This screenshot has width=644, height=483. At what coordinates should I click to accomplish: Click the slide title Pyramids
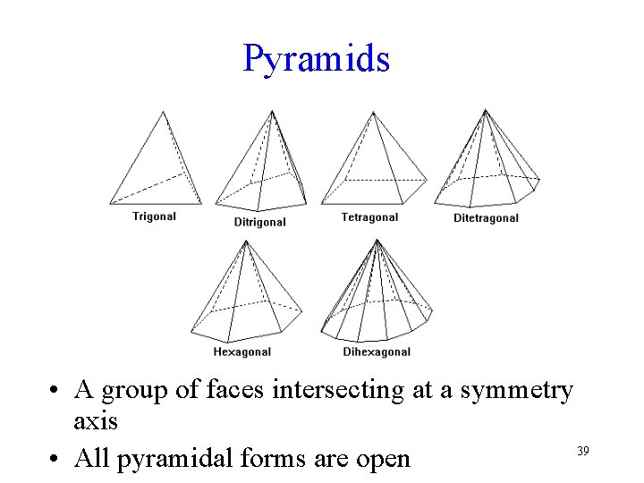[x=316, y=59]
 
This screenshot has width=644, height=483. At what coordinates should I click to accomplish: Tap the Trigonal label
[x=154, y=216]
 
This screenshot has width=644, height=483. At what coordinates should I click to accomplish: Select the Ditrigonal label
[x=259, y=222]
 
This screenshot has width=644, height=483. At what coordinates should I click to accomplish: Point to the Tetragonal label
[x=369, y=217]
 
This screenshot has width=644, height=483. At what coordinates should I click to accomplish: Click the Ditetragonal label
[x=486, y=218]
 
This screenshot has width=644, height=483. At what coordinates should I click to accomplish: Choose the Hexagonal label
[x=241, y=352]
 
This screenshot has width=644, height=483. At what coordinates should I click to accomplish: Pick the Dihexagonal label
[x=377, y=352]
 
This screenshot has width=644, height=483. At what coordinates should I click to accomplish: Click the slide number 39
[x=582, y=451]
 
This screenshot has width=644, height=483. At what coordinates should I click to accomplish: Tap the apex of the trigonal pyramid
[x=163, y=112]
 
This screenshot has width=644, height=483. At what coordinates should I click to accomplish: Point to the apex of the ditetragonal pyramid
[x=485, y=110]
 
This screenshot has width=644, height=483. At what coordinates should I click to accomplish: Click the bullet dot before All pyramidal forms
[x=56, y=460]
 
